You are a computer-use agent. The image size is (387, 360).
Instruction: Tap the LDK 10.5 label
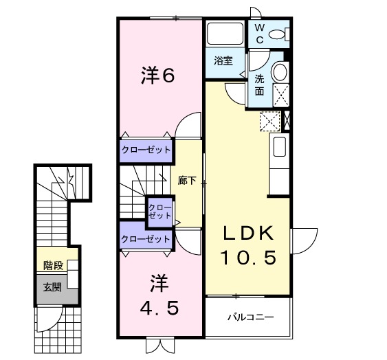(x=248, y=246)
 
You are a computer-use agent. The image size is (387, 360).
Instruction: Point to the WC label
(x=260, y=32)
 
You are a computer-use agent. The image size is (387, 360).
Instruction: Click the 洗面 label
(x=260, y=85)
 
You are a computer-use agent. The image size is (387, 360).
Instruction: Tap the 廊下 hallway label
(x=186, y=181)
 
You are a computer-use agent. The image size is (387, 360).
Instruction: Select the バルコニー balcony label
(x=251, y=317)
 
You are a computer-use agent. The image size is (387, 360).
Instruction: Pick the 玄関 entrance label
(x=52, y=286)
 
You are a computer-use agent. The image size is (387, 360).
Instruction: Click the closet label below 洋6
(x=146, y=149)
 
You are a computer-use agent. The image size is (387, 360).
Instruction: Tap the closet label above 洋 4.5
(x=145, y=238)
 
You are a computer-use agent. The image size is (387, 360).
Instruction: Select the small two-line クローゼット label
(x=159, y=210)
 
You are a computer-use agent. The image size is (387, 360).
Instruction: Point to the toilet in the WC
(x=280, y=34)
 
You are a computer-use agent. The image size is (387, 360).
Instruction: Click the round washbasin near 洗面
(x=280, y=71)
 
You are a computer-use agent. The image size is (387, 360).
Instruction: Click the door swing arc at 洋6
(x=187, y=127)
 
